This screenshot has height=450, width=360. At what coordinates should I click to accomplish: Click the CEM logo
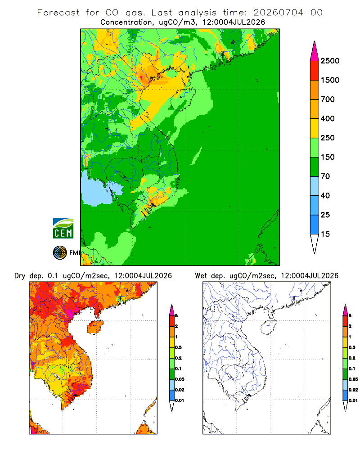pyautogui.click(x=63, y=229)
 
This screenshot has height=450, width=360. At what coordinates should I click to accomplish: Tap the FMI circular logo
pyautogui.click(x=60, y=253)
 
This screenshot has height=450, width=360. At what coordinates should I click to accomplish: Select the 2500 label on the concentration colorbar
pyautogui.click(x=330, y=61)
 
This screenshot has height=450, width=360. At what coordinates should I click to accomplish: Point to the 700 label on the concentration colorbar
pyautogui.click(x=328, y=99)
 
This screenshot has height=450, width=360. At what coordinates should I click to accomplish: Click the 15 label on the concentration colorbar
pyautogui.click(x=325, y=234)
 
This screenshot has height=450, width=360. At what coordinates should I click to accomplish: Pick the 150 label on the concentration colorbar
pyautogui.click(x=328, y=157)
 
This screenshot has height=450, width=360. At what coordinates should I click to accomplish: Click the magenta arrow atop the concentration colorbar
pyautogui.click(x=315, y=51)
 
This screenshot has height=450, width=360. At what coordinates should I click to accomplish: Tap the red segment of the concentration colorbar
pyautogui.click(x=315, y=71)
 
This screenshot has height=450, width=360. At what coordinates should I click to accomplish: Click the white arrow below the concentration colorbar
pyautogui.click(x=315, y=243)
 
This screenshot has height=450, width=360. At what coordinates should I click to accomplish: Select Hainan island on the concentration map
pyautogui.click(x=183, y=99)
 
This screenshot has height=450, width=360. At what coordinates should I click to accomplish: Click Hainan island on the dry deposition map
pyautogui.click(x=95, y=328)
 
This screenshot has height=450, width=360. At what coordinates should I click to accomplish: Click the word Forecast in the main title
pyautogui.click(x=58, y=13)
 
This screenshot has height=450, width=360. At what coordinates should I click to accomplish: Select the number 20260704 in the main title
pyautogui.click(x=278, y=13)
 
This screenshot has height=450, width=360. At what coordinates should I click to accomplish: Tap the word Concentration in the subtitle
pyautogui.click(x=126, y=22)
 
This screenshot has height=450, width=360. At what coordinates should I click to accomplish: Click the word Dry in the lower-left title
pyautogui.click(x=20, y=276)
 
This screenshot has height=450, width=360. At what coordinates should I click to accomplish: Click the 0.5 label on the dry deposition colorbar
pyautogui.click(x=178, y=347)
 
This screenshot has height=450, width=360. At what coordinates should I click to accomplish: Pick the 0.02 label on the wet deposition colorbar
pyautogui.click(x=353, y=390)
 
